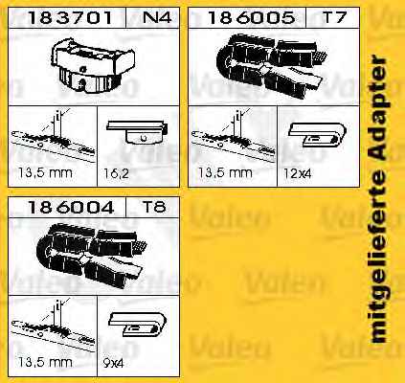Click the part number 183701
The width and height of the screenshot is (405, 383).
(x=70, y=17)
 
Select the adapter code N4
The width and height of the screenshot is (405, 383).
(x=157, y=17)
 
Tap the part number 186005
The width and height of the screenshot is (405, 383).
(x=251, y=17)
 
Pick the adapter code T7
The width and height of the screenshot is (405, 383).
(x=334, y=17)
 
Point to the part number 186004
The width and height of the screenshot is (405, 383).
(x=71, y=207)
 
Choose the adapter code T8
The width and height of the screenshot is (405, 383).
(x=154, y=207)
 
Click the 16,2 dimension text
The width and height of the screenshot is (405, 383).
(x=116, y=173)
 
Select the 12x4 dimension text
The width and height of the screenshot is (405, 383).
(x=297, y=173)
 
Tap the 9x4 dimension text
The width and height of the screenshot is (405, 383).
(x=113, y=363)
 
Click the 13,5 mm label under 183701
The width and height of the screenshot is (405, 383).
(x=45, y=173)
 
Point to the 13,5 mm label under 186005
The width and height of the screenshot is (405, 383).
(x=225, y=173)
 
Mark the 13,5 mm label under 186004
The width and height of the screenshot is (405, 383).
(x=45, y=362)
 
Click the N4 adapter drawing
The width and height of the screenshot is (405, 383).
(x=93, y=65)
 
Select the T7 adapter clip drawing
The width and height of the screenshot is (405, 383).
(x=272, y=65)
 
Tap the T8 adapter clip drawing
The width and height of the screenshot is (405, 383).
(x=93, y=256)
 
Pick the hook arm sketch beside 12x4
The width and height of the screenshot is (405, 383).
(x=318, y=135)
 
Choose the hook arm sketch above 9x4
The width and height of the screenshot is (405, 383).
(x=137, y=324)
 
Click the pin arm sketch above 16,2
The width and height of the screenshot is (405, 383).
(x=137, y=131)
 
